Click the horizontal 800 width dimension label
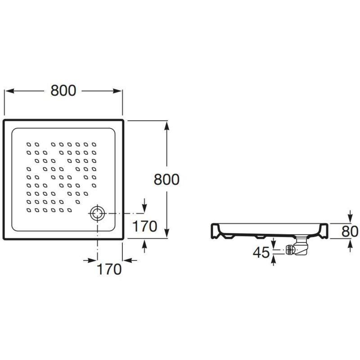pyautogui.click(x=63, y=90)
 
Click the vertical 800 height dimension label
pyautogui.click(x=166, y=180)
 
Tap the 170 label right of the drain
pyautogui.click(x=144, y=226)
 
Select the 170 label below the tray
pyautogui.click(x=110, y=269)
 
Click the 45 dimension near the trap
pyautogui.click(x=261, y=253)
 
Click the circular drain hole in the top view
pyautogui.click(x=97, y=213)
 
